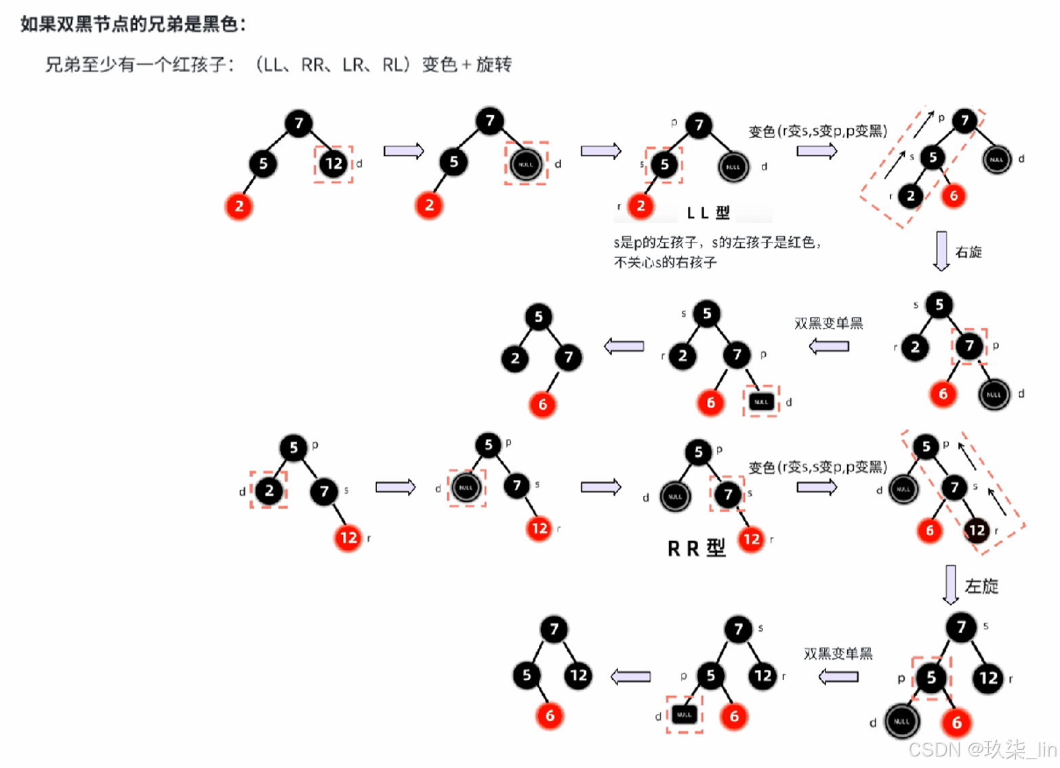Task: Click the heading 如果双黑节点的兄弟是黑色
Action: click(x=133, y=24)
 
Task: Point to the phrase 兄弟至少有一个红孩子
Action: click(x=140, y=65)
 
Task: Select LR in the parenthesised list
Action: click(x=353, y=65)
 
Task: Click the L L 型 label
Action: click(x=708, y=213)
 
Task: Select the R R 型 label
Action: click(x=696, y=548)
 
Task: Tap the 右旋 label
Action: click(x=969, y=253)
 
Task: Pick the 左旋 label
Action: click(x=981, y=586)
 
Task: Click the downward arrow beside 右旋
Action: click(x=941, y=251)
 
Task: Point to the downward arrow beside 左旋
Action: click(x=951, y=584)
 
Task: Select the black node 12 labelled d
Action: click(x=333, y=163)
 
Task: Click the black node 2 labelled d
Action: click(x=269, y=490)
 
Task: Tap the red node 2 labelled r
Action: click(x=640, y=206)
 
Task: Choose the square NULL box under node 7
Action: click(x=761, y=402)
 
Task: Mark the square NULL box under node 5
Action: click(x=684, y=714)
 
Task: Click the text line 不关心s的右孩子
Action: click(x=665, y=263)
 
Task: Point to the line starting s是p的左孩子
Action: click(x=717, y=242)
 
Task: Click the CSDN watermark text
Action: click(x=982, y=750)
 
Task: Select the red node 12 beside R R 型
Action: click(x=751, y=539)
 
